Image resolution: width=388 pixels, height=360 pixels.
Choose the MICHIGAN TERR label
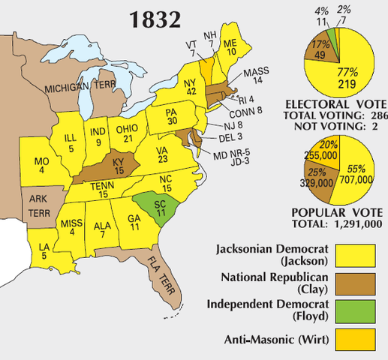point(75,88)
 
